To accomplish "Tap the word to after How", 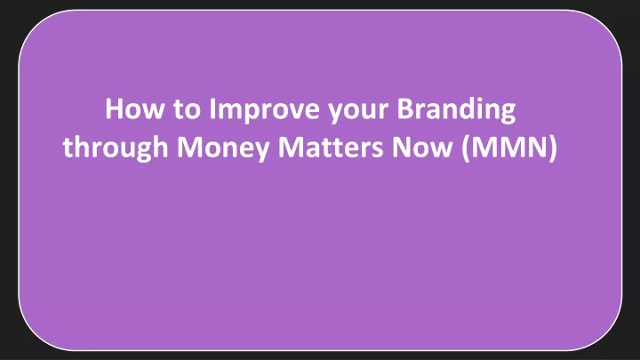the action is point(187,110).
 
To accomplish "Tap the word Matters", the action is point(331,148).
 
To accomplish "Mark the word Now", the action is point(422,148).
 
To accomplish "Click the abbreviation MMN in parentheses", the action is point(509,147).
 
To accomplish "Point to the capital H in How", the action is point(114,109).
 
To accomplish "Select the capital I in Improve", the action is point(212,109).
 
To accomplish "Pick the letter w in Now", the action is point(440,150).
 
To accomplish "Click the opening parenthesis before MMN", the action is point(466,148).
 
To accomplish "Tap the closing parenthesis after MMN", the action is point(553,148).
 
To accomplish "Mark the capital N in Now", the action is point(401,147).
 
